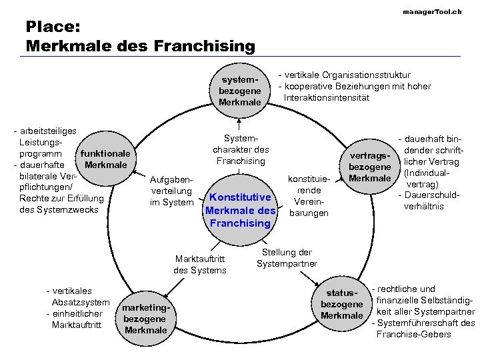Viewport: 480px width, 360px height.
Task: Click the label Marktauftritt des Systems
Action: coord(200,264)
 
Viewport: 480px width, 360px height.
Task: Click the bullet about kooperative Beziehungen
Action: coord(357,92)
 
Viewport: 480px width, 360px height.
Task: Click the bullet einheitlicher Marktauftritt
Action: coord(73,319)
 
